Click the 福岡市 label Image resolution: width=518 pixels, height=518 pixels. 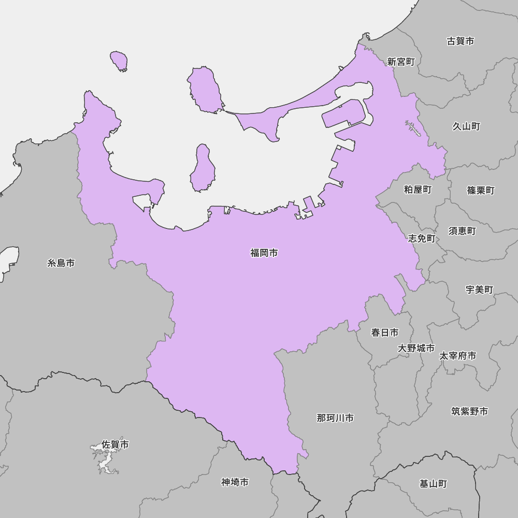click(264, 253)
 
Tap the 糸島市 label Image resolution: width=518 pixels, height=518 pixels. click(61, 263)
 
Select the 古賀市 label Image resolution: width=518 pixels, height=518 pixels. click(460, 41)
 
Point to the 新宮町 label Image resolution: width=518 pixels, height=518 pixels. click(401, 62)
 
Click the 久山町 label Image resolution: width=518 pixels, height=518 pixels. click(466, 126)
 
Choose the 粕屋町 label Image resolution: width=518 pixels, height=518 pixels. click(418, 190)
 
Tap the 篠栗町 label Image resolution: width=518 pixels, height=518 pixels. click(481, 191)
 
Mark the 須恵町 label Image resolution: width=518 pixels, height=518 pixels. click(462, 231)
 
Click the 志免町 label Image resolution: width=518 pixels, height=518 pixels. click(422, 239)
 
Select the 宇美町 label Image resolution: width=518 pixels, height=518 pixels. click(479, 290)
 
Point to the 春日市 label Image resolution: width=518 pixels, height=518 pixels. click(385, 333)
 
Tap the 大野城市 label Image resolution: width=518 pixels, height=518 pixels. click(416, 348)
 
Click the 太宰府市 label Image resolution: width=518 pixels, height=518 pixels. click(457, 356)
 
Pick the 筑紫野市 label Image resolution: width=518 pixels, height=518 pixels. click(469, 411)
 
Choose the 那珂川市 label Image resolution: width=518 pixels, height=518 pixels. click(335, 418)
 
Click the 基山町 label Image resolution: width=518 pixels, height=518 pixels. click(433, 484)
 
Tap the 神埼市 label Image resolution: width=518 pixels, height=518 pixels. click(235, 482)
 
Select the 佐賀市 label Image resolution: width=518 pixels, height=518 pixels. click(115, 444)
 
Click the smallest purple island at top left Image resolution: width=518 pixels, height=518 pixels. click(120, 61)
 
